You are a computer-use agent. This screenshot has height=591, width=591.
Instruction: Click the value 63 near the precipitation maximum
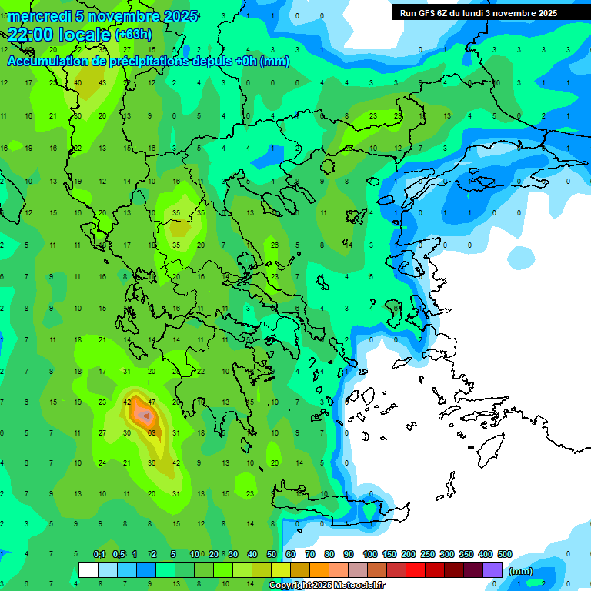coord(152,432)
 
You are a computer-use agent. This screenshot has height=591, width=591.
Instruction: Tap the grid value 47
coord(152,402)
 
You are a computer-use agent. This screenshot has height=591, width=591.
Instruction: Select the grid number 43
coord(102,82)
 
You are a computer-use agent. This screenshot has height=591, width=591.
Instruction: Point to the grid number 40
coord(78,82)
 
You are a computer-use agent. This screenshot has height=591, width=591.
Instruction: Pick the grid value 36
coord(152,462)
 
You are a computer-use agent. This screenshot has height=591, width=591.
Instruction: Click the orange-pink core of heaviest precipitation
coord(143,416)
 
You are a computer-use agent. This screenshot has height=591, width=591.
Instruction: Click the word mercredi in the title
coord(38,16)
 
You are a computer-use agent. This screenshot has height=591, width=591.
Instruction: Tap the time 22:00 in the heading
coord(32,35)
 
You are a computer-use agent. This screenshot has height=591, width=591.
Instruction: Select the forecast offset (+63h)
coord(133,35)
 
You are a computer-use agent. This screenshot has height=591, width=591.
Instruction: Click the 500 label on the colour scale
coord(504,555)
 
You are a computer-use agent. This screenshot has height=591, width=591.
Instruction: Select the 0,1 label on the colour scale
coord(98,555)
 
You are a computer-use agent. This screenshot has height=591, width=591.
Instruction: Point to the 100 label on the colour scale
coord(369,555)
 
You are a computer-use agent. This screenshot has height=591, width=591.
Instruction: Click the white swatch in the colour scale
coord(88,570)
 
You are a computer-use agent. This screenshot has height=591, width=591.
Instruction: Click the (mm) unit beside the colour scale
coord(521,571)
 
